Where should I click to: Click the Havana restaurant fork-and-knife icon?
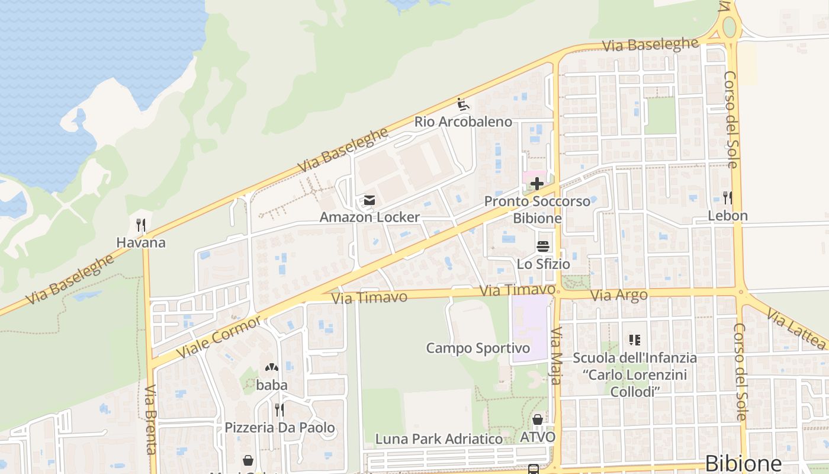pyautogui.click(x=141, y=225)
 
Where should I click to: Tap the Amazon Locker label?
pyautogui.click(x=369, y=217)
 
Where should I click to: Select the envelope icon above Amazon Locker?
pyautogui.click(x=369, y=201)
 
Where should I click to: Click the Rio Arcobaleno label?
pyautogui.click(x=463, y=121)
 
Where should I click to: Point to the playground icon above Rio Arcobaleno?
pyautogui.click(x=463, y=105)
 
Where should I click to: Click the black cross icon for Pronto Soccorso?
pyautogui.click(x=537, y=184)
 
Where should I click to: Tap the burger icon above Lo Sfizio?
pyautogui.click(x=543, y=246)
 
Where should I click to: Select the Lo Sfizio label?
pyautogui.click(x=543, y=264)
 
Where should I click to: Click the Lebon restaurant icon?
pyautogui.click(x=728, y=198)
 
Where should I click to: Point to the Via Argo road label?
pyautogui.click(x=619, y=294)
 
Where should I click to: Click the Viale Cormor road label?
pyautogui.click(x=219, y=338)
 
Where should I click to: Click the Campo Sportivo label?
pyautogui.click(x=478, y=348)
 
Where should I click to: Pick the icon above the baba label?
pyautogui.click(x=272, y=368)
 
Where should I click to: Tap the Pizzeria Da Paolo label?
pyautogui.click(x=279, y=427)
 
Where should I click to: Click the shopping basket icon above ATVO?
pyautogui.click(x=538, y=420)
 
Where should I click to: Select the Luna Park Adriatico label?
pyautogui.click(x=439, y=439)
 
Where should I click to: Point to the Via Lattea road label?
pyautogui.click(x=796, y=328)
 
